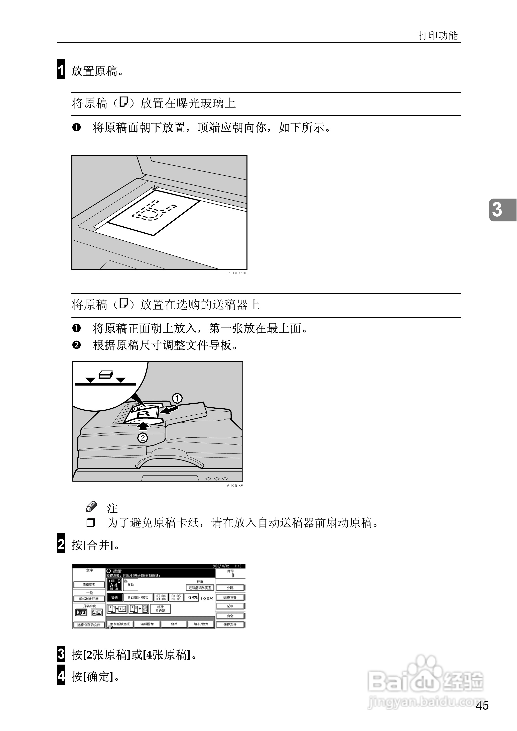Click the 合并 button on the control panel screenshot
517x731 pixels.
coord(174,624)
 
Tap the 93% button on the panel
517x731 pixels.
coord(192,598)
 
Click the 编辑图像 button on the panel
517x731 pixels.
coord(147,624)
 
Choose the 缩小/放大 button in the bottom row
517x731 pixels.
coord(201,624)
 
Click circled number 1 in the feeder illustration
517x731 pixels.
coord(177,398)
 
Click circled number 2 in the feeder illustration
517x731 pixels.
coord(142,438)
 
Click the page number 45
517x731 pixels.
coord(482,705)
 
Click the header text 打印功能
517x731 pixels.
coord(438,35)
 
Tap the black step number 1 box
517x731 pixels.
coord(61,69)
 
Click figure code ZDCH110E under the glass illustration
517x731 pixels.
coord(237,273)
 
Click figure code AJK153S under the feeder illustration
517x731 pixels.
coord(235,485)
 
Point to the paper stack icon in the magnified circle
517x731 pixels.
coord(105,375)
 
